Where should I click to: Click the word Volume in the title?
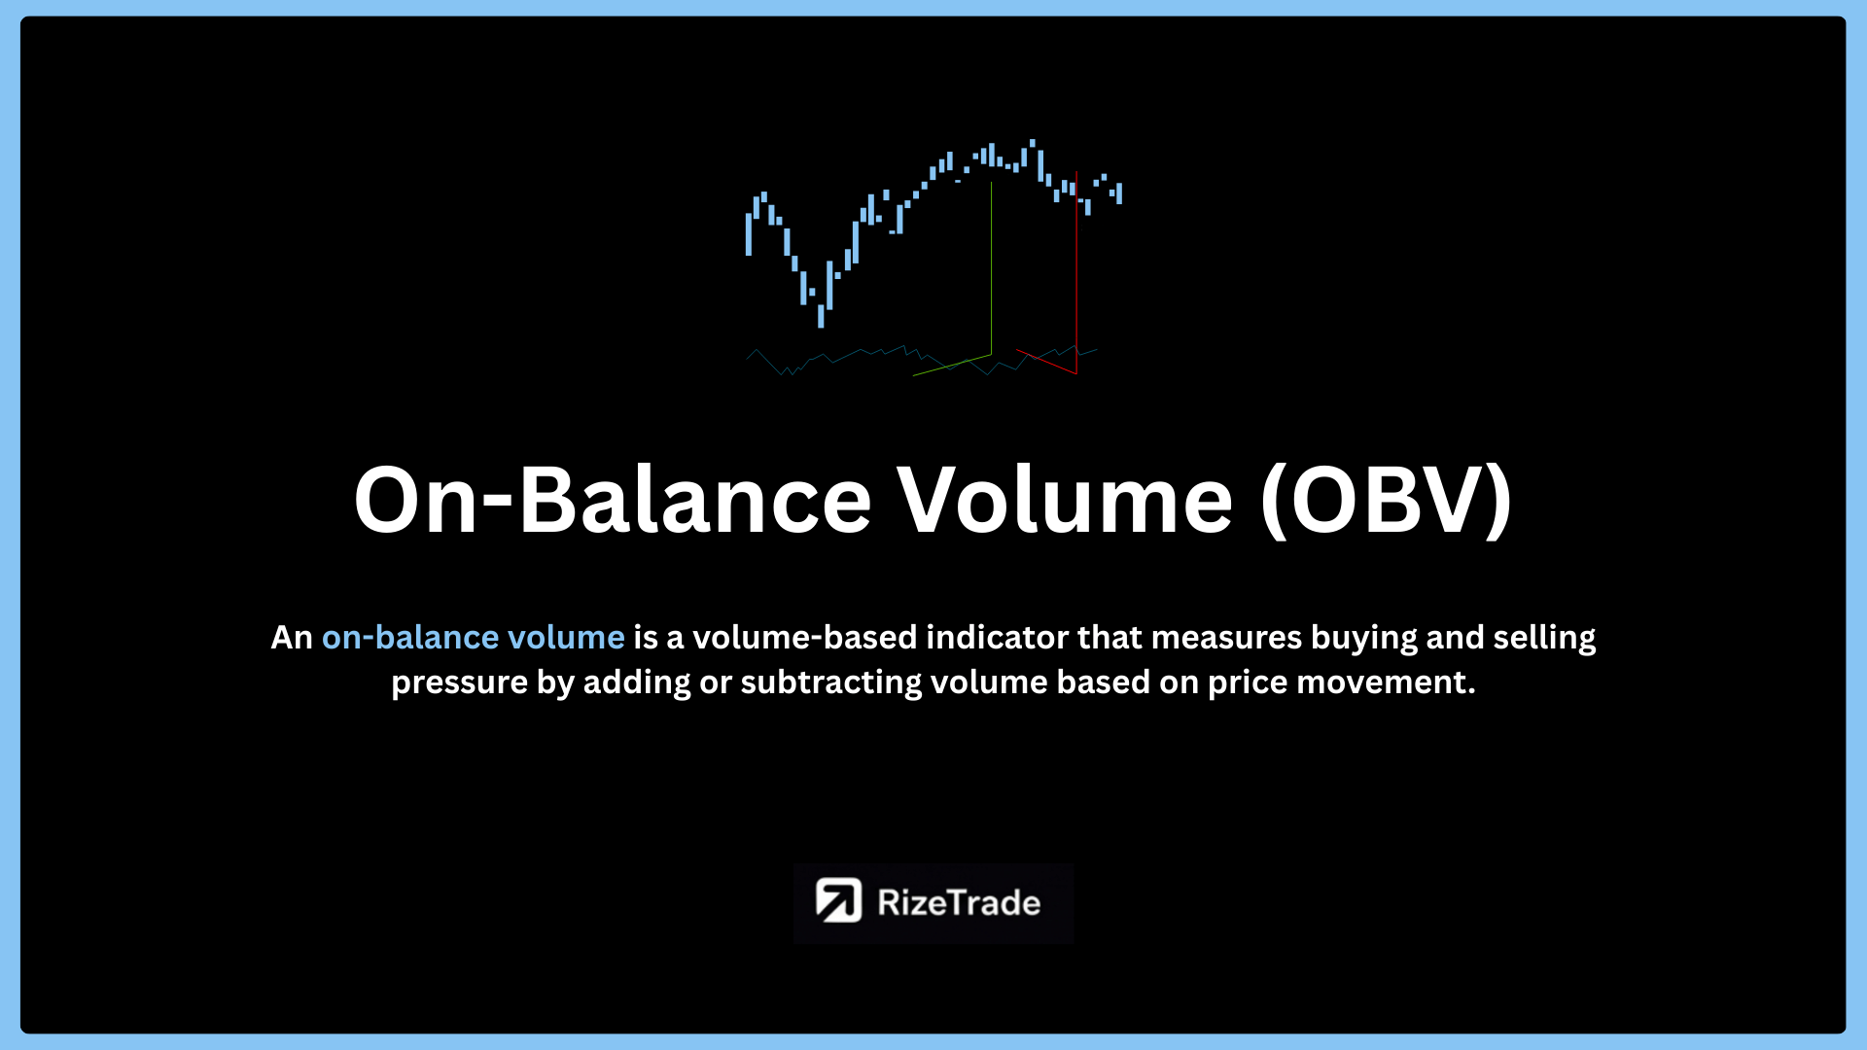tap(1065, 500)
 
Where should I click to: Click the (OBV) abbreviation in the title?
tap(1387, 502)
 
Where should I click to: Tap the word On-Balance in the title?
tap(613, 500)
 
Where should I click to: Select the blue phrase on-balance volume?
tap(474, 637)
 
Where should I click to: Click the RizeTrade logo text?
tap(959, 903)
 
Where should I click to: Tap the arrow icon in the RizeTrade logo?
tap(838, 900)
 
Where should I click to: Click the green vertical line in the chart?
tap(991, 267)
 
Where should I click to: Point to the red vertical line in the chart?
tap(1076, 273)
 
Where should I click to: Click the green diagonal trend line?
tap(952, 366)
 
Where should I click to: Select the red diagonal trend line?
tap(1046, 362)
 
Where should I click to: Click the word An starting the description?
tap(292, 638)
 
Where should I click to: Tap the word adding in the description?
tap(637, 683)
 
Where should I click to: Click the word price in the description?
tap(1248, 683)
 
